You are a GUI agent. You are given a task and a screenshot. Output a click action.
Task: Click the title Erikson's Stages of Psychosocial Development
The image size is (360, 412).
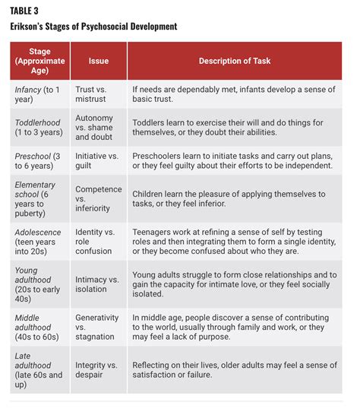click(93, 27)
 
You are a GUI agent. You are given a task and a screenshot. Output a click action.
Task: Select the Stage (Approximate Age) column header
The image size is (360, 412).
click(39, 60)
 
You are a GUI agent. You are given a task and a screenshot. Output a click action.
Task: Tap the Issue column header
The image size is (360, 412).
click(98, 60)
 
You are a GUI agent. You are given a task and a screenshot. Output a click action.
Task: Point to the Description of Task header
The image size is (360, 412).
click(234, 60)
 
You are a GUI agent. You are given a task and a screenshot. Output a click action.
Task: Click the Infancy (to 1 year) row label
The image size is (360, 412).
click(39, 94)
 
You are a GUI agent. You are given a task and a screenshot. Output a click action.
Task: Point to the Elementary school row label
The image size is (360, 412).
click(39, 200)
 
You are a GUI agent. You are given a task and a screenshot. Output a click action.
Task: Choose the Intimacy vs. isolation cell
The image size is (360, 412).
click(97, 284)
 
